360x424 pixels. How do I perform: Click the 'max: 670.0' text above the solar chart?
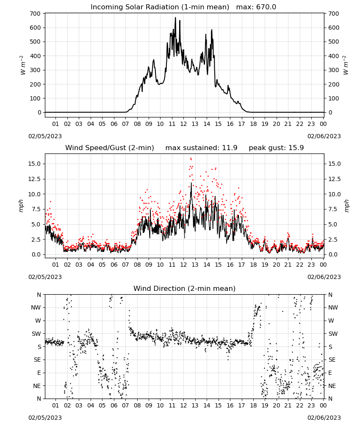[256, 7]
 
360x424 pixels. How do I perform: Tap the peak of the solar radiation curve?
[175, 17]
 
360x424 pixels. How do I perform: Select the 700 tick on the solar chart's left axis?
[36, 14]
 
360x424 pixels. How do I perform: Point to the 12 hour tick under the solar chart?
[183, 124]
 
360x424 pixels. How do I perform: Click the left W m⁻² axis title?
[22, 65]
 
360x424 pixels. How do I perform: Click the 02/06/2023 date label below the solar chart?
[324, 136]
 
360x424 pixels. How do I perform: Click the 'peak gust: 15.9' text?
[276, 148]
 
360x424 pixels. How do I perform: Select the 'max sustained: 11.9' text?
[202, 148]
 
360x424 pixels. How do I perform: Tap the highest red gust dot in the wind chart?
[191, 159]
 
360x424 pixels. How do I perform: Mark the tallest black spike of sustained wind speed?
[191, 183]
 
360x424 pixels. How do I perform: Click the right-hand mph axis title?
[346, 206]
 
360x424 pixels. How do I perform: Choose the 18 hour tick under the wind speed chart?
[253, 265]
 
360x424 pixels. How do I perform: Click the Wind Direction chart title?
[185, 288]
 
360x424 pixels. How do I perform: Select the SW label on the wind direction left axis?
[36, 334]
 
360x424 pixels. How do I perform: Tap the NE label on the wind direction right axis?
[332, 386]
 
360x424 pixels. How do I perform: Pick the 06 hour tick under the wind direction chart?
[114, 405]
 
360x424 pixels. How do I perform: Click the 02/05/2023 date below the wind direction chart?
[45, 418]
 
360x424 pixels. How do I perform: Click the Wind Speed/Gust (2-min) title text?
[110, 148]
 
